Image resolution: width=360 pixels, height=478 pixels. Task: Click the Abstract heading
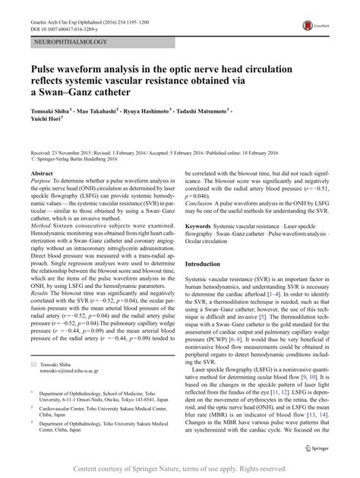tap(41, 173)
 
